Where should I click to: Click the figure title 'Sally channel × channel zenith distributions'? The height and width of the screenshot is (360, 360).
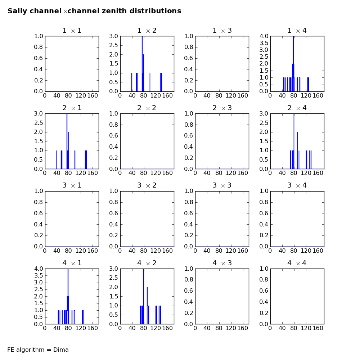click(x=94, y=11)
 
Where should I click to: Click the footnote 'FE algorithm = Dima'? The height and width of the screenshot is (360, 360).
click(x=38, y=350)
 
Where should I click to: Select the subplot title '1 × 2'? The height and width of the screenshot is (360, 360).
click(x=147, y=31)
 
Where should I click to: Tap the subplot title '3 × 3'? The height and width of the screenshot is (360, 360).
click(x=222, y=185)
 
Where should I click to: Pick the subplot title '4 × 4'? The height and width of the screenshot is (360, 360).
click(x=297, y=263)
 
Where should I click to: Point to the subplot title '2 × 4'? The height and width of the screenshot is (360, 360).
click(x=297, y=108)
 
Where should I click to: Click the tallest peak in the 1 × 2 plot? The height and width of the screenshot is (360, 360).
click(x=142, y=64)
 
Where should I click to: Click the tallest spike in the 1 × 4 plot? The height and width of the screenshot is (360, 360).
click(x=293, y=64)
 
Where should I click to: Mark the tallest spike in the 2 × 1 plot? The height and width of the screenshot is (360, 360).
click(x=67, y=141)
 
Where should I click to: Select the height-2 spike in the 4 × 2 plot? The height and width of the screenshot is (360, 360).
click(x=147, y=305)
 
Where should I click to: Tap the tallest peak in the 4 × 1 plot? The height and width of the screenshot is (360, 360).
click(x=68, y=296)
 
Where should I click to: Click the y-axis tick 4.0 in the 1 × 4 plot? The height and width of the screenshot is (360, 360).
click(x=264, y=36)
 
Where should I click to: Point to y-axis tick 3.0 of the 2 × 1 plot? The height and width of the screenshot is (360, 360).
click(x=39, y=113)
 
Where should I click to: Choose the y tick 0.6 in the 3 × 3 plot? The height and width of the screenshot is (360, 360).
click(x=189, y=213)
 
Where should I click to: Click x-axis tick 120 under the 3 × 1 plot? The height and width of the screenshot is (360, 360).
click(x=81, y=251)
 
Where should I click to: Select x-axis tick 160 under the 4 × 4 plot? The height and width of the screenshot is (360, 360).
click(x=318, y=328)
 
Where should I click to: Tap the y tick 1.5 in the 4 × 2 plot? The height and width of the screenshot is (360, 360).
click(x=113, y=296)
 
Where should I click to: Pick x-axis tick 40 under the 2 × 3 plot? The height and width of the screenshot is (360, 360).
click(x=207, y=173)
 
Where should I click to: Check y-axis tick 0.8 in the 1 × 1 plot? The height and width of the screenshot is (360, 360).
click(x=39, y=47)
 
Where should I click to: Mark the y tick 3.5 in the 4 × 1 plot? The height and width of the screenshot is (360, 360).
click(x=39, y=275)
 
